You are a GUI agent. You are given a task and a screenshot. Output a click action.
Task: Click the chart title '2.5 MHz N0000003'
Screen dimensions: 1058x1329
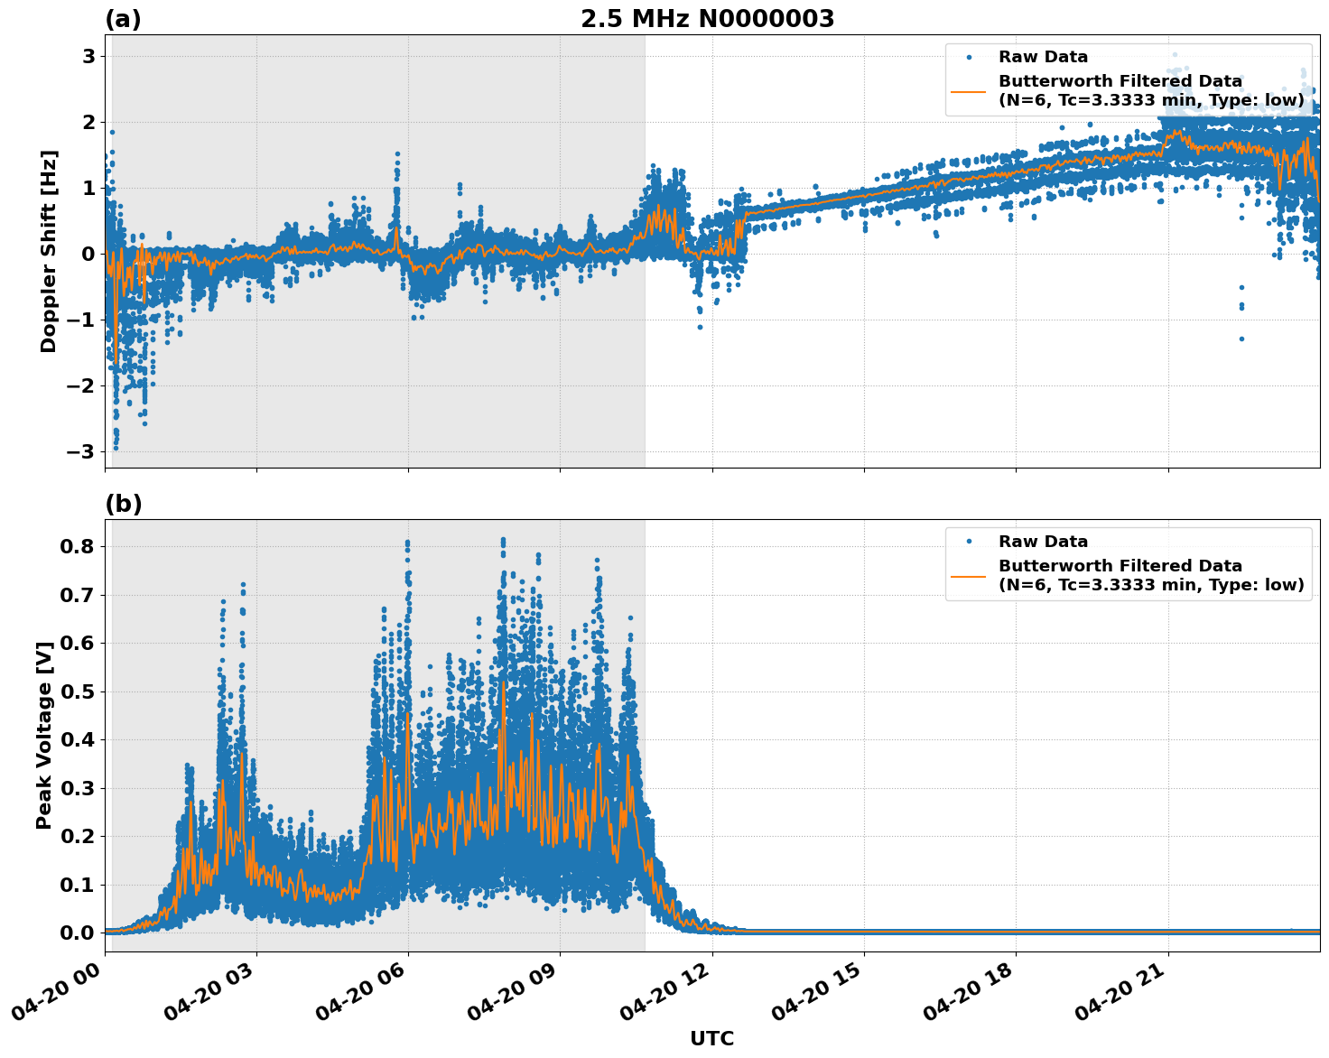[707, 19]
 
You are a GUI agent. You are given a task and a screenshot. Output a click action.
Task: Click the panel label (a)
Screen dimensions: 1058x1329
[123, 19]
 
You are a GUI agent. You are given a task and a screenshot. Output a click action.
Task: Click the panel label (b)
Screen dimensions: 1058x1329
[123, 504]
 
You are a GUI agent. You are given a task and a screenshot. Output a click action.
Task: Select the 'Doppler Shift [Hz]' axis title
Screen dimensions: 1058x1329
[49, 252]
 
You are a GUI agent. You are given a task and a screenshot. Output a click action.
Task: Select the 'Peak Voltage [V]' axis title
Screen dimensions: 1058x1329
[44, 735]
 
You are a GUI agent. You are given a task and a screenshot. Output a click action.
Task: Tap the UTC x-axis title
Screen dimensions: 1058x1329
[711, 1038]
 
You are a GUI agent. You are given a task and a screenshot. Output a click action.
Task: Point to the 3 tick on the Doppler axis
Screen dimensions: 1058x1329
[88, 56]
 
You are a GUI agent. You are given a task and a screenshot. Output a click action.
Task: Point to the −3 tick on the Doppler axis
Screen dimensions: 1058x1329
[82, 451]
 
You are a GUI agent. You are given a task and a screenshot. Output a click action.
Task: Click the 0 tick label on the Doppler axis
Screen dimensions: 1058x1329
[88, 254]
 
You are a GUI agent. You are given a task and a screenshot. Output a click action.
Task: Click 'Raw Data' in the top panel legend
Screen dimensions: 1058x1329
[1043, 57]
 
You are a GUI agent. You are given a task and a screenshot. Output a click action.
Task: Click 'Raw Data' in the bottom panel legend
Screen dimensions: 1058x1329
[1043, 542]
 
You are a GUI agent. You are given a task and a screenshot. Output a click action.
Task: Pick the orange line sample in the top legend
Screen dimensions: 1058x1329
[969, 91]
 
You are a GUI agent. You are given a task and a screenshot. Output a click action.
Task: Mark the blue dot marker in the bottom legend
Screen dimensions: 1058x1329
[969, 542]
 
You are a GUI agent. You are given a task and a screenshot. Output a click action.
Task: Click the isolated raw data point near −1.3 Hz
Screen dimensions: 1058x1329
[1241, 339]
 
